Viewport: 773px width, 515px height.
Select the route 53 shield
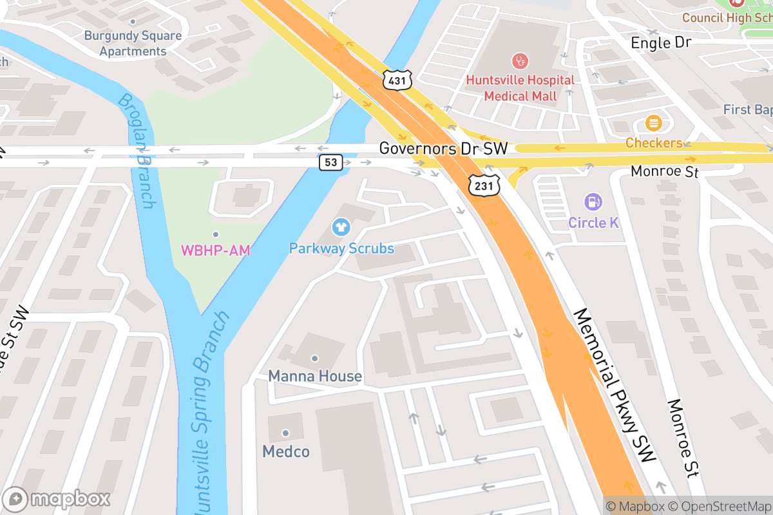click(330, 162)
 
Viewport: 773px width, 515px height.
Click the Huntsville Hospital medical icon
click(520, 62)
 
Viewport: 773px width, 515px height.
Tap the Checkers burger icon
click(653, 124)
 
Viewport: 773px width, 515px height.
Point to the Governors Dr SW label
click(443, 149)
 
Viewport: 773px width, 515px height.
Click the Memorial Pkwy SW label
click(615, 385)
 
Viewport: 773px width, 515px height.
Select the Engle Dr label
click(660, 43)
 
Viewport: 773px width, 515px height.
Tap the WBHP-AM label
click(215, 250)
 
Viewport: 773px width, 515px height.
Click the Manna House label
click(314, 376)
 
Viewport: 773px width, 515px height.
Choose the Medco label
click(285, 451)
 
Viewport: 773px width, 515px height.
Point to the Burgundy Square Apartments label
click(133, 43)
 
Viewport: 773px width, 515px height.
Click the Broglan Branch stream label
click(136, 151)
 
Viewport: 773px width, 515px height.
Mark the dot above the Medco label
click(285, 433)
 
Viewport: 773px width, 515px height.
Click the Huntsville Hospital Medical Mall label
click(520, 88)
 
